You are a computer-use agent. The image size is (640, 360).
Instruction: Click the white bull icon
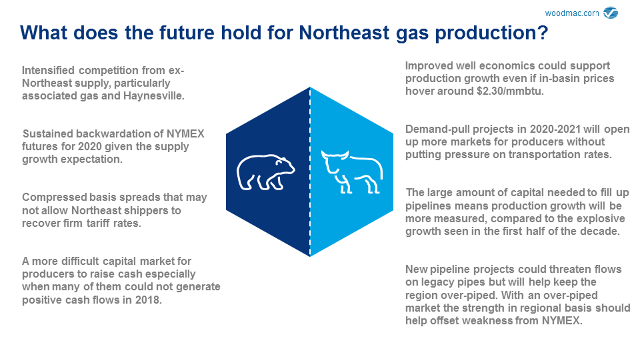tap(352, 172)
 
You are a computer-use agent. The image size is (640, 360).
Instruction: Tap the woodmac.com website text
tap(572, 13)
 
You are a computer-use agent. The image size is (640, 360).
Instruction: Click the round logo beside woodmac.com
tap(611, 12)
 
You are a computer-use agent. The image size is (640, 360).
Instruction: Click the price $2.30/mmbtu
tap(510, 91)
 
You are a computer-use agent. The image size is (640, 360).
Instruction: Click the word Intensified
tap(48, 70)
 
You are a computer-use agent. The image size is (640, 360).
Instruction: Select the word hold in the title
tap(241, 33)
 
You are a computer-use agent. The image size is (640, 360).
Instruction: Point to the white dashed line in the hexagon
tap(310, 172)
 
